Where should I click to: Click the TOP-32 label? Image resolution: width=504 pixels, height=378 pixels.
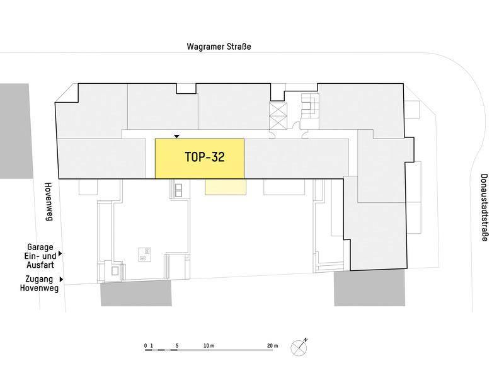click(205, 157)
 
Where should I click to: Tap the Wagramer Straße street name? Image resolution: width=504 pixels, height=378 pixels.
click(219, 47)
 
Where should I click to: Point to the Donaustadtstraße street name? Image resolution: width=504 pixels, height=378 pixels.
click(484, 208)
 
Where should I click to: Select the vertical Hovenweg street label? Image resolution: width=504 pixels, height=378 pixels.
click(49, 202)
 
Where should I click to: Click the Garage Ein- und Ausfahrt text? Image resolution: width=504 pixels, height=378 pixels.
click(40, 256)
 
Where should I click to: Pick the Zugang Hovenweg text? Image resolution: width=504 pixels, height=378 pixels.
click(39, 283)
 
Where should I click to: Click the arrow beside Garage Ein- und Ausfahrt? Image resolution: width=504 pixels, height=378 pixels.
click(60, 254)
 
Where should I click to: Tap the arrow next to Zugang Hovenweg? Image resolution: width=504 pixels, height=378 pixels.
click(61, 280)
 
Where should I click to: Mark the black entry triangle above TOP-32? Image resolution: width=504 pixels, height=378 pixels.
click(176, 137)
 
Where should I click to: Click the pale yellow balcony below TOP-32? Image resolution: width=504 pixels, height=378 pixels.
click(226, 187)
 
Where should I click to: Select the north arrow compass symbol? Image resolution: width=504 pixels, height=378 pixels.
click(299, 347)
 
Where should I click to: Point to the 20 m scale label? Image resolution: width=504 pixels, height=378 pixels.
click(272, 346)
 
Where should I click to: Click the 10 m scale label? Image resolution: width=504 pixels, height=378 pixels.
click(209, 346)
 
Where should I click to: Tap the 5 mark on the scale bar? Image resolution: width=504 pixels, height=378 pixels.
click(177, 346)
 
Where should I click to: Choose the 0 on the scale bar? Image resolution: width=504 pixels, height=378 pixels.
click(146, 346)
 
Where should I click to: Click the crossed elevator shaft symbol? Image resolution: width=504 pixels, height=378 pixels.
click(278, 116)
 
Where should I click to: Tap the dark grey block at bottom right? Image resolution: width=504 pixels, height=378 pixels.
click(369, 288)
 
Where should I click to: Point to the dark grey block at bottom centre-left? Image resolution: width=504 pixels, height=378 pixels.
click(136, 293)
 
